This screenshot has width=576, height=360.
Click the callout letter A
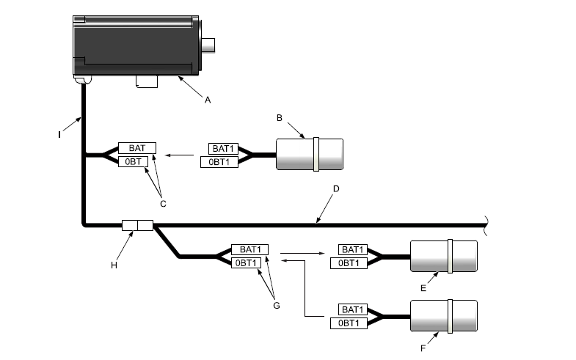click(x=207, y=100)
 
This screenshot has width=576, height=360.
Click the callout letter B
click(x=280, y=117)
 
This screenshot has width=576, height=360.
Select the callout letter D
click(x=336, y=189)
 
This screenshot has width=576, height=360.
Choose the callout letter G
click(x=276, y=304)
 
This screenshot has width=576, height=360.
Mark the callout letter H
click(x=114, y=265)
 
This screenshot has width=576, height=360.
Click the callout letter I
click(x=59, y=134)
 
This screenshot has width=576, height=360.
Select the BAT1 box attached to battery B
click(x=223, y=149)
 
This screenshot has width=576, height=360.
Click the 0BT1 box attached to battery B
click(x=223, y=161)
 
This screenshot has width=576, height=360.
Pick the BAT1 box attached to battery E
click(x=353, y=250)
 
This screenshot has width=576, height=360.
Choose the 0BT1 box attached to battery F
click(x=353, y=323)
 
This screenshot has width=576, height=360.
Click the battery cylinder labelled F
click(x=444, y=317)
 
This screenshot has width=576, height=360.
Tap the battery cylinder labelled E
click(x=444, y=257)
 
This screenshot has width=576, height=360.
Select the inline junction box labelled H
click(x=136, y=224)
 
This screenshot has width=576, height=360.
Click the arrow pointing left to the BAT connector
click(x=181, y=155)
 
